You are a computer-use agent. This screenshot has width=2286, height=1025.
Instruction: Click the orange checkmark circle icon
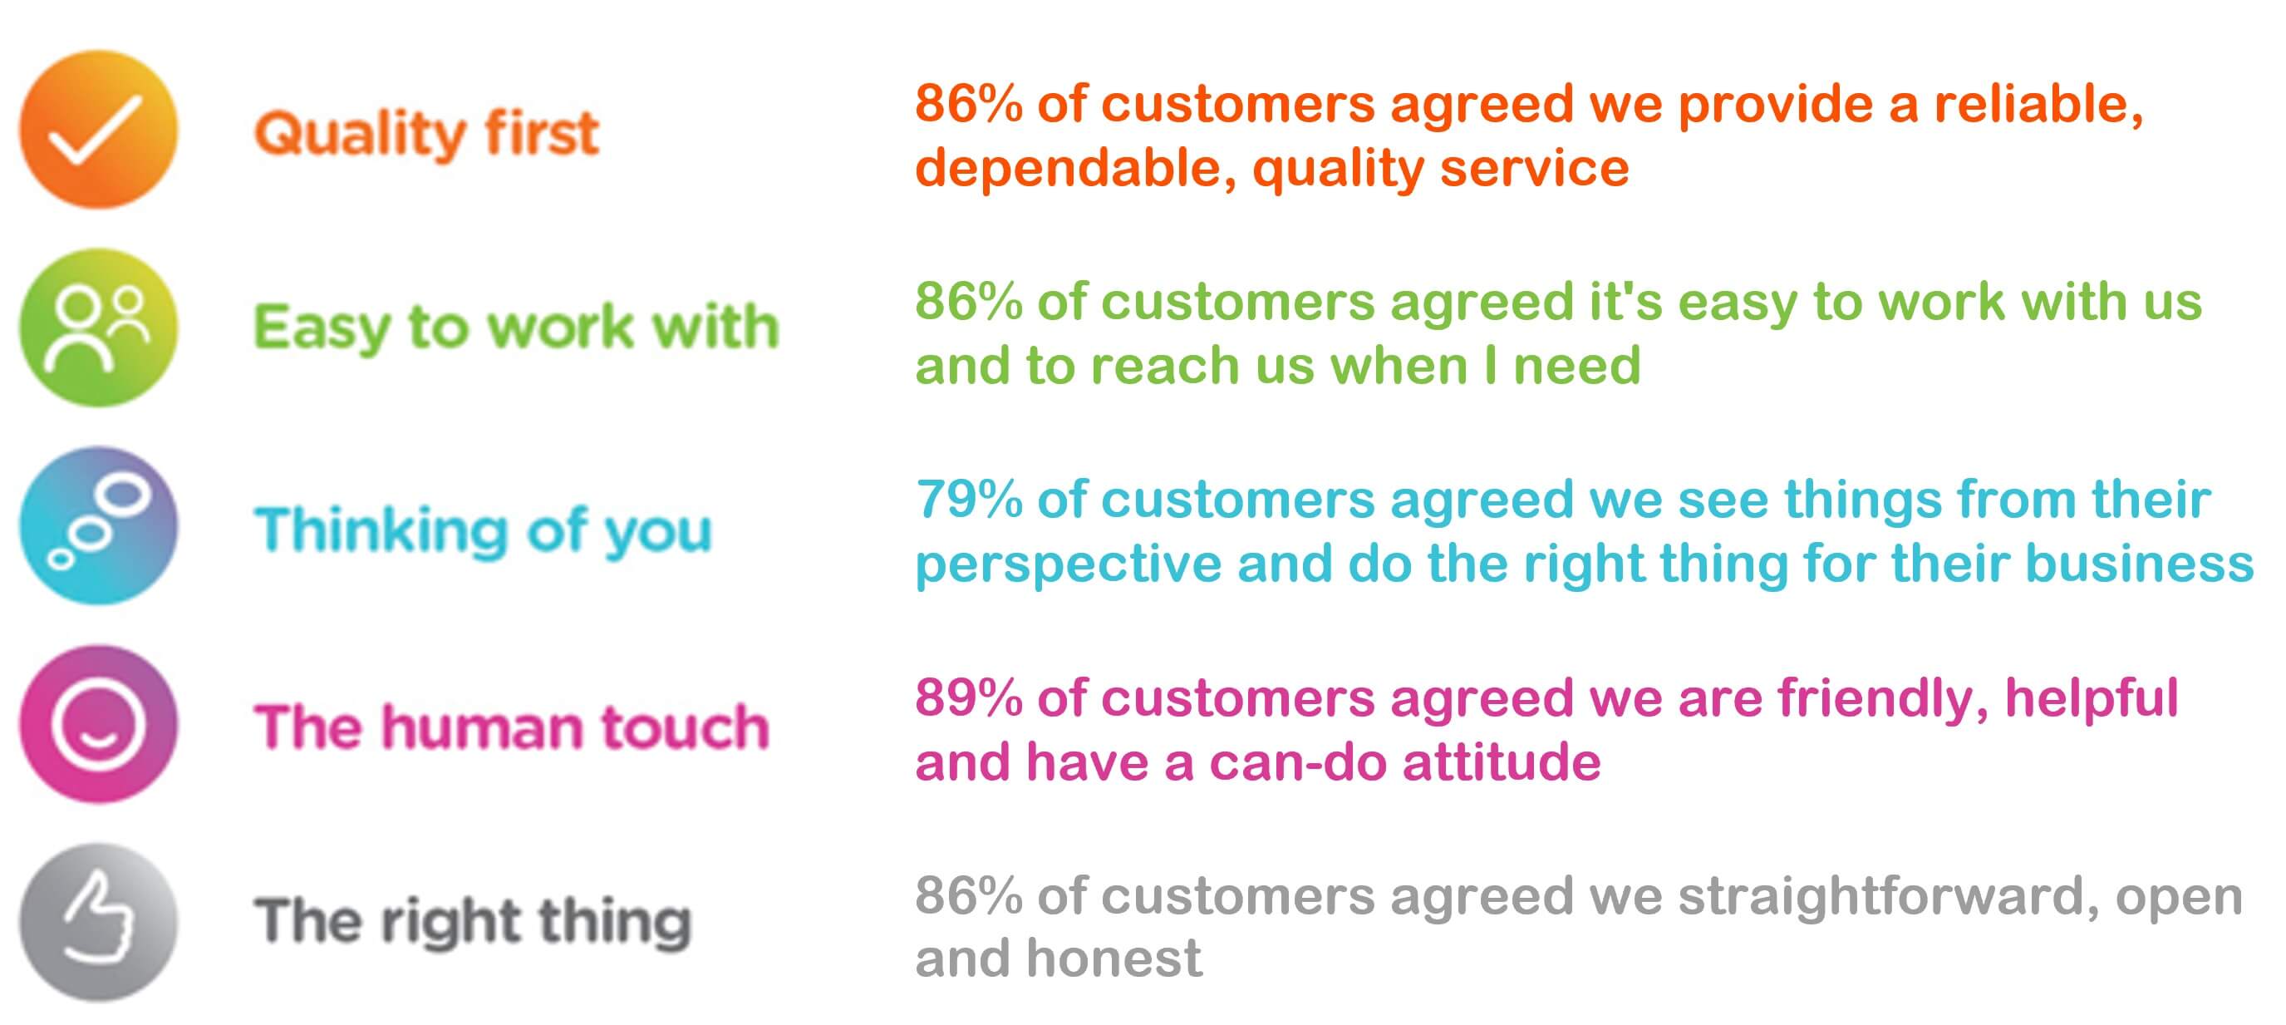click(x=99, y=130)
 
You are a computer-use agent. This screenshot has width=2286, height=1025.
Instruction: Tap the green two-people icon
click(x=99, y=328)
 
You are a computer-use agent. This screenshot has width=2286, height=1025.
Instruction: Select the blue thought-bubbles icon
click(x=99, y=525)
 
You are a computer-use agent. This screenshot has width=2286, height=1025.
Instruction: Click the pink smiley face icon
click(x=99, y=724)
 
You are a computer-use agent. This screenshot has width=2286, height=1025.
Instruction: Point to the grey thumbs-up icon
click(x=99, y=922)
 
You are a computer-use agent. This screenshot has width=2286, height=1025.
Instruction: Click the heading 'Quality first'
click(x=426, y=134)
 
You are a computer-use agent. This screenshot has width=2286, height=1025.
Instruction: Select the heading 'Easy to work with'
click(x=515, y=328)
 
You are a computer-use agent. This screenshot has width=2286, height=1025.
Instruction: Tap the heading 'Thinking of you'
click(x=483, y=530)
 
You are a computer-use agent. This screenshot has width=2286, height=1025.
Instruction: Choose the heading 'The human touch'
click(x=511, y=727)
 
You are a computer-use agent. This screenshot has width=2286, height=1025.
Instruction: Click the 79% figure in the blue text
click(x=968, y=500)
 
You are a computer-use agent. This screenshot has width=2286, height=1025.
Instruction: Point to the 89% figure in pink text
click(x=968, y=698)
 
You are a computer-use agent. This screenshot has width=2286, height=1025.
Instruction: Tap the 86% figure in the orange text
click(x=968, y=105)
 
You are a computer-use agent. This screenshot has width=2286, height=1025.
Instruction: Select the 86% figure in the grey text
click(x=968, y=896)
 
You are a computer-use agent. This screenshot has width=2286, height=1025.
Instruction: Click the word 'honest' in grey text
click(x=1113, y=959)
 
